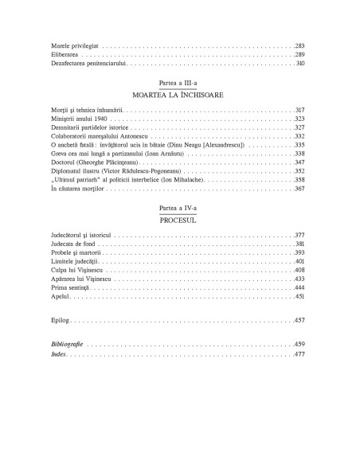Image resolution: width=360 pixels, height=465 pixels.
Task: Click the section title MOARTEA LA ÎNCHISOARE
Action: pyautogui.click(x=179, y=95)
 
